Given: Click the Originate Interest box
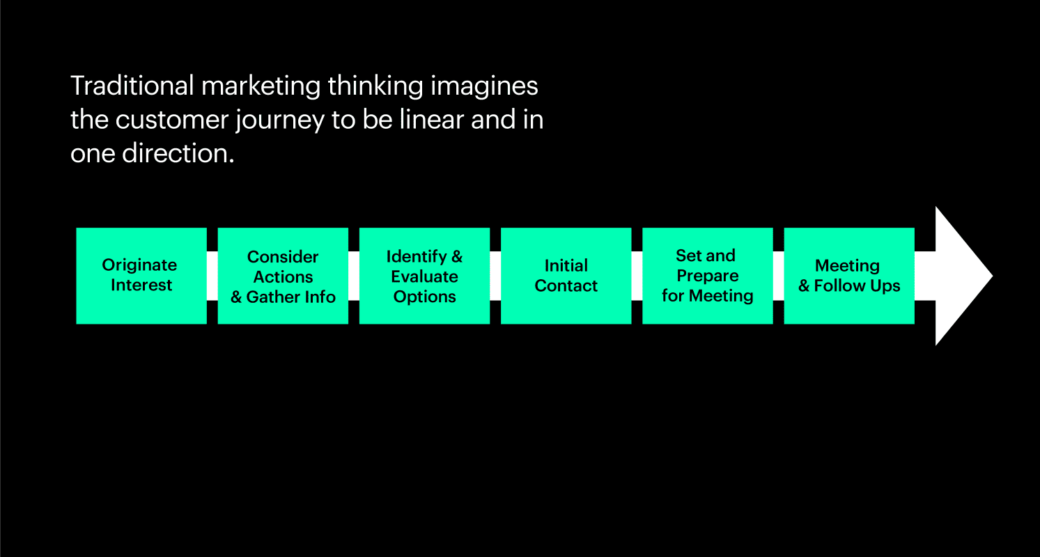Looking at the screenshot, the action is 141,276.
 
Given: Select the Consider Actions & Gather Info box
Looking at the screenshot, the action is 283,276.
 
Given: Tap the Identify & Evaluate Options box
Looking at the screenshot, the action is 424,276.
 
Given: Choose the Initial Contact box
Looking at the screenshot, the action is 566,276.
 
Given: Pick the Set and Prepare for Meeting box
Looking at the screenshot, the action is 708,276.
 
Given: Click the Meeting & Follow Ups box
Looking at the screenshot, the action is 849,276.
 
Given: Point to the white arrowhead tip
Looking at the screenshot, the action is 992,276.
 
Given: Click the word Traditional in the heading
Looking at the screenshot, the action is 132,86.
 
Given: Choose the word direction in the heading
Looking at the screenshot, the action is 178,153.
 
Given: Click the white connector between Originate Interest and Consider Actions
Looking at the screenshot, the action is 212,276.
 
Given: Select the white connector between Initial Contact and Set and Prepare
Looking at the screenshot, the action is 637,276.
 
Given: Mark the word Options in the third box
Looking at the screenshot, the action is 424,297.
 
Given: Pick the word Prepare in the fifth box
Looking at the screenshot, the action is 708,276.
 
